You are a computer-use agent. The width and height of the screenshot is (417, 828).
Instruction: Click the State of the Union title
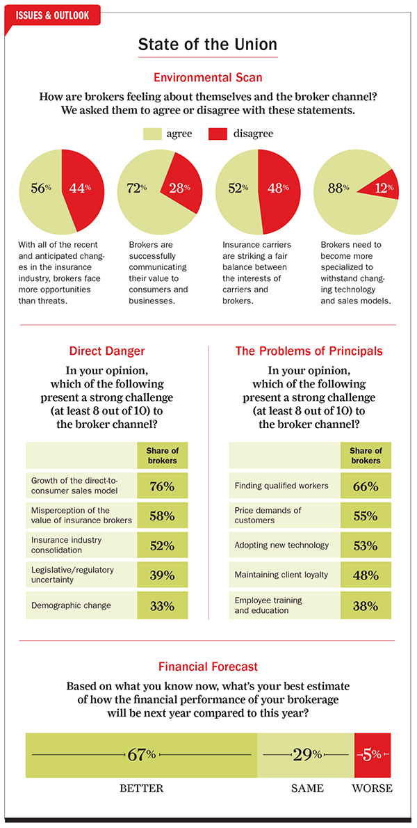tap(208, 45)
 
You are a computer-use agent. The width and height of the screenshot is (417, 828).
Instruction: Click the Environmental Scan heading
tap(208, 77)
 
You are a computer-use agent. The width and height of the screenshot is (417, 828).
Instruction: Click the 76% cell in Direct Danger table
tap(162, 486)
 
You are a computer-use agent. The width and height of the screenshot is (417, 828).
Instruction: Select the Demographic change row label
tap(71, 605)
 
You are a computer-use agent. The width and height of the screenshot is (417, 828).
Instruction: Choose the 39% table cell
tap(162, 575)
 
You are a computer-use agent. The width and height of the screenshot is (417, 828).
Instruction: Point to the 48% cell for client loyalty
tap(366, 575)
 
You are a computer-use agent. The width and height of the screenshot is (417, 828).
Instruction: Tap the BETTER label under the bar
tap(142, 788)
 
